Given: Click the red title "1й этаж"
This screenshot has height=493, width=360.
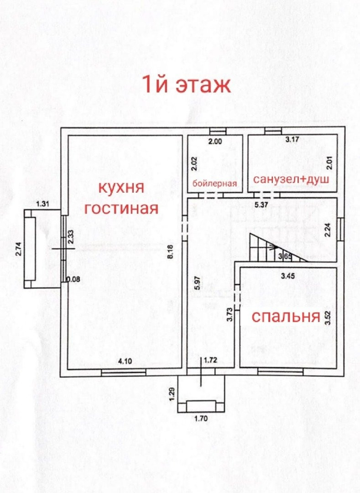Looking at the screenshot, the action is tap(186, 84).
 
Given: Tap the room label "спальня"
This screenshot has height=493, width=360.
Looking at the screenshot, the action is tap(285, 316).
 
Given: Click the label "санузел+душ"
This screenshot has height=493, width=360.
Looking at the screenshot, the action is tap(292, 180).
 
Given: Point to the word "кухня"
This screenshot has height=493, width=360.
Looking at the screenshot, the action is tap(122, 187).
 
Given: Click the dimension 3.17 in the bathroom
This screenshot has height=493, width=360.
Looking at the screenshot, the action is tap(292, 140).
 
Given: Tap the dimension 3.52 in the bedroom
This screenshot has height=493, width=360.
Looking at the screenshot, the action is tap(327, 316).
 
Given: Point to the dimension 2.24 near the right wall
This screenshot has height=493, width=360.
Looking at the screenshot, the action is tap(327, 228).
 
